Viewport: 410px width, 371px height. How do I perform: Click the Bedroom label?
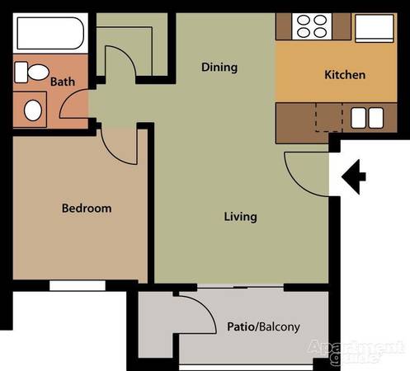[x=87, y=209]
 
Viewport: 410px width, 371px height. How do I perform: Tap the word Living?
[x=241, y=217]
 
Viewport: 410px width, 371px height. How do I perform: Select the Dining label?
[x=219, y=68]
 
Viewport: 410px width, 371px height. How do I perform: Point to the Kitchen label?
[x=345, y=75]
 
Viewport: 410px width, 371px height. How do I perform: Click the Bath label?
[x=63, y=82]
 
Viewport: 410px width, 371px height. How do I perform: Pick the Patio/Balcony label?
[x=263, y=327]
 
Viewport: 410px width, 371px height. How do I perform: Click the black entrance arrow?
[x=354, y=176]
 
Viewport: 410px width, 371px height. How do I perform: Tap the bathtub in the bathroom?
[x=50, y=33]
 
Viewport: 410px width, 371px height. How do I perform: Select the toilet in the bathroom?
[x=31, y=73]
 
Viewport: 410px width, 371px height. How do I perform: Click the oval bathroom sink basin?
[x=33, y=110]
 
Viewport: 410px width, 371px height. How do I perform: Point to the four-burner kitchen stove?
[x=312, y=26]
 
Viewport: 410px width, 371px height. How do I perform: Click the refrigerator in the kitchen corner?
[x=375, y=28]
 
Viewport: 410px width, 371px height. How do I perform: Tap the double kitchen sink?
[x=367, y=118]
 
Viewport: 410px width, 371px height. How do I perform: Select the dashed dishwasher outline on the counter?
[x=329, y=117]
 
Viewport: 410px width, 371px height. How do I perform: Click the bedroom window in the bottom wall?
[x=78, y=285]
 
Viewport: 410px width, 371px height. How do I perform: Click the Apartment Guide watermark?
[x=356, y=352]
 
